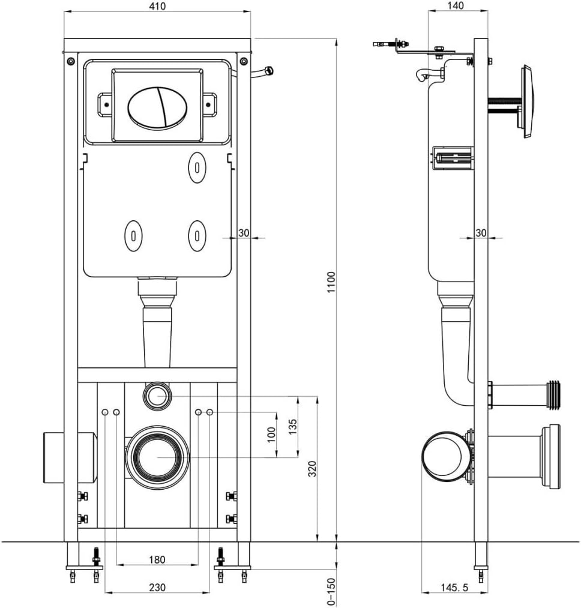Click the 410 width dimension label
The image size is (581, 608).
tap(157, 6)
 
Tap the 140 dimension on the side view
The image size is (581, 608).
tap(456, 6)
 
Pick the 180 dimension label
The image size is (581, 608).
tap(157, 559)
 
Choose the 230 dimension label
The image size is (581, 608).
tap(157, 588)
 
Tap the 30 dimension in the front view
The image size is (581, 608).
tap(243, 233)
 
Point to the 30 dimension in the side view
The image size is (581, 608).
tap(481, 233)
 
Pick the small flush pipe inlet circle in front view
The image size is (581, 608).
tap(157, 396)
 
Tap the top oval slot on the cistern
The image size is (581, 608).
tap(196, 167)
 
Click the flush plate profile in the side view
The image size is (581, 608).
tap(526, 102)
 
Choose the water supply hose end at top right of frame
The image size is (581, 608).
tap(268, 71)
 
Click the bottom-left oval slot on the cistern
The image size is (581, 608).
tap(132, 235)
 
